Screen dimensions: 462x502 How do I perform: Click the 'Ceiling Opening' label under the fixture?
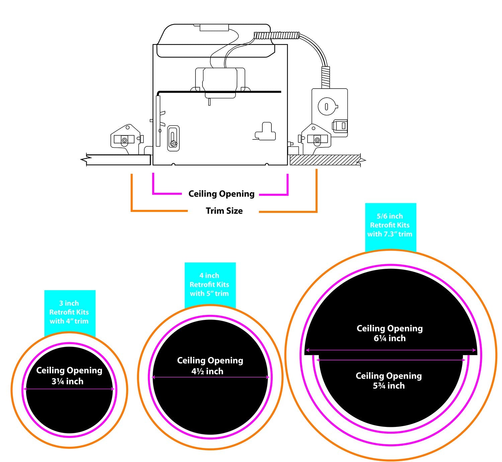point(221,194)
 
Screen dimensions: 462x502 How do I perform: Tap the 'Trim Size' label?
point(224,211)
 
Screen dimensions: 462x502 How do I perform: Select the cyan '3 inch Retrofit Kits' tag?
point(70,312)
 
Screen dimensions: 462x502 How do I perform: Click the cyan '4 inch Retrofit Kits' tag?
point(210,284)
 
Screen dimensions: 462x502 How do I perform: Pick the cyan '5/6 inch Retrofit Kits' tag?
point(390,225)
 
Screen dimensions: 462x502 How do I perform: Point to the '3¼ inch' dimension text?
point(68,381)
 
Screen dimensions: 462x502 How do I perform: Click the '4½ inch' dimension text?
point(207,371)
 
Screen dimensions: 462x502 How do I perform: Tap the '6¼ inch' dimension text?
point(390,338)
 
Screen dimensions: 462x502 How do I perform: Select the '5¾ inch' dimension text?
point(389,386)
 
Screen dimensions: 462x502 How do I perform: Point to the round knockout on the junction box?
point(326,107)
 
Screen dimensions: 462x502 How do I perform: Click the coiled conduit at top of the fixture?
point(276,35)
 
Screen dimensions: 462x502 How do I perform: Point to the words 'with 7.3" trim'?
point(390,234)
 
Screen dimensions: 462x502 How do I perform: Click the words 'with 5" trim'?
point(210,294)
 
